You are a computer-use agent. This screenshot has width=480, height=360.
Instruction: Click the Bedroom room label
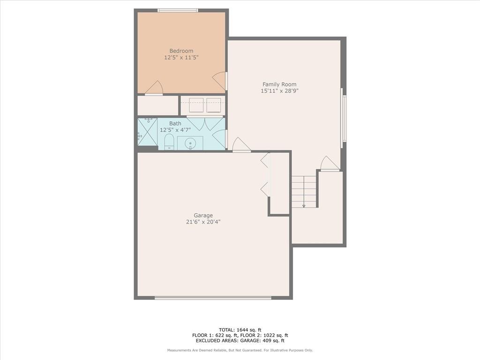pyautogui.click(x=181, y=51)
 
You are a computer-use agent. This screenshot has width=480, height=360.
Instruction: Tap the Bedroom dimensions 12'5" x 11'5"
pyautogui.click(x=181, y=58)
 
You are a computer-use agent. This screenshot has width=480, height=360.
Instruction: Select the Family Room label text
pyautogui.click(x=279, y=84)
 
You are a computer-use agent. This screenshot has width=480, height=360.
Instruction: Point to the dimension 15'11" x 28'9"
pyautogui.click(x=279, y=91)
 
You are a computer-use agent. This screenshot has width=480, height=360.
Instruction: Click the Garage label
pyautogui.click(x=203, y=216)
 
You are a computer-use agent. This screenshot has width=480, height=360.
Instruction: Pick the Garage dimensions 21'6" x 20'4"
pyautogui.click(x=203, y=222)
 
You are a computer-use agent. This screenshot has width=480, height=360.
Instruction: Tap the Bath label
pyautogui.click(x=175, y=123)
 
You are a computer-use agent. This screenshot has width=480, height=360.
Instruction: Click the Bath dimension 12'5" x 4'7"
pyautogui.click(x=175, y=130)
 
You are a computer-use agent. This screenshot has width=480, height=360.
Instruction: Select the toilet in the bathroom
pyautogui.click(x=169, y=142)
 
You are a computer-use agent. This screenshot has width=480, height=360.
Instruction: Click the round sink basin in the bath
pyautogui.click(x=190, y=142)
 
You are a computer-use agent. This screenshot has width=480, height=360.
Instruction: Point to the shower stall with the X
pyautogui.click(x=147, y=132)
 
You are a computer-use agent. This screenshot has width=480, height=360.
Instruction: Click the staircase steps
pyautogui.click(x=304, y=192)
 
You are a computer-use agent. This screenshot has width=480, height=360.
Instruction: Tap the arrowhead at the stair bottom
pyautogui.click(x=304, y=206)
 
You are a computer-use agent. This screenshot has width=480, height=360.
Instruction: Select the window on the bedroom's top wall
pyautogui.click(x=178, y=10)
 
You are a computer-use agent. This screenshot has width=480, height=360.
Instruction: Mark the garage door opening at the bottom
pyautogui.click(x=213, y=298)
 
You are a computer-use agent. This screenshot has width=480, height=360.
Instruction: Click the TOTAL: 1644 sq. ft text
pyautogui.click(x=240, y=330)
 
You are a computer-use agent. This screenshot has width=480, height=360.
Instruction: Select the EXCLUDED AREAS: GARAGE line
pyautogui.click(x=240, y=341)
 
